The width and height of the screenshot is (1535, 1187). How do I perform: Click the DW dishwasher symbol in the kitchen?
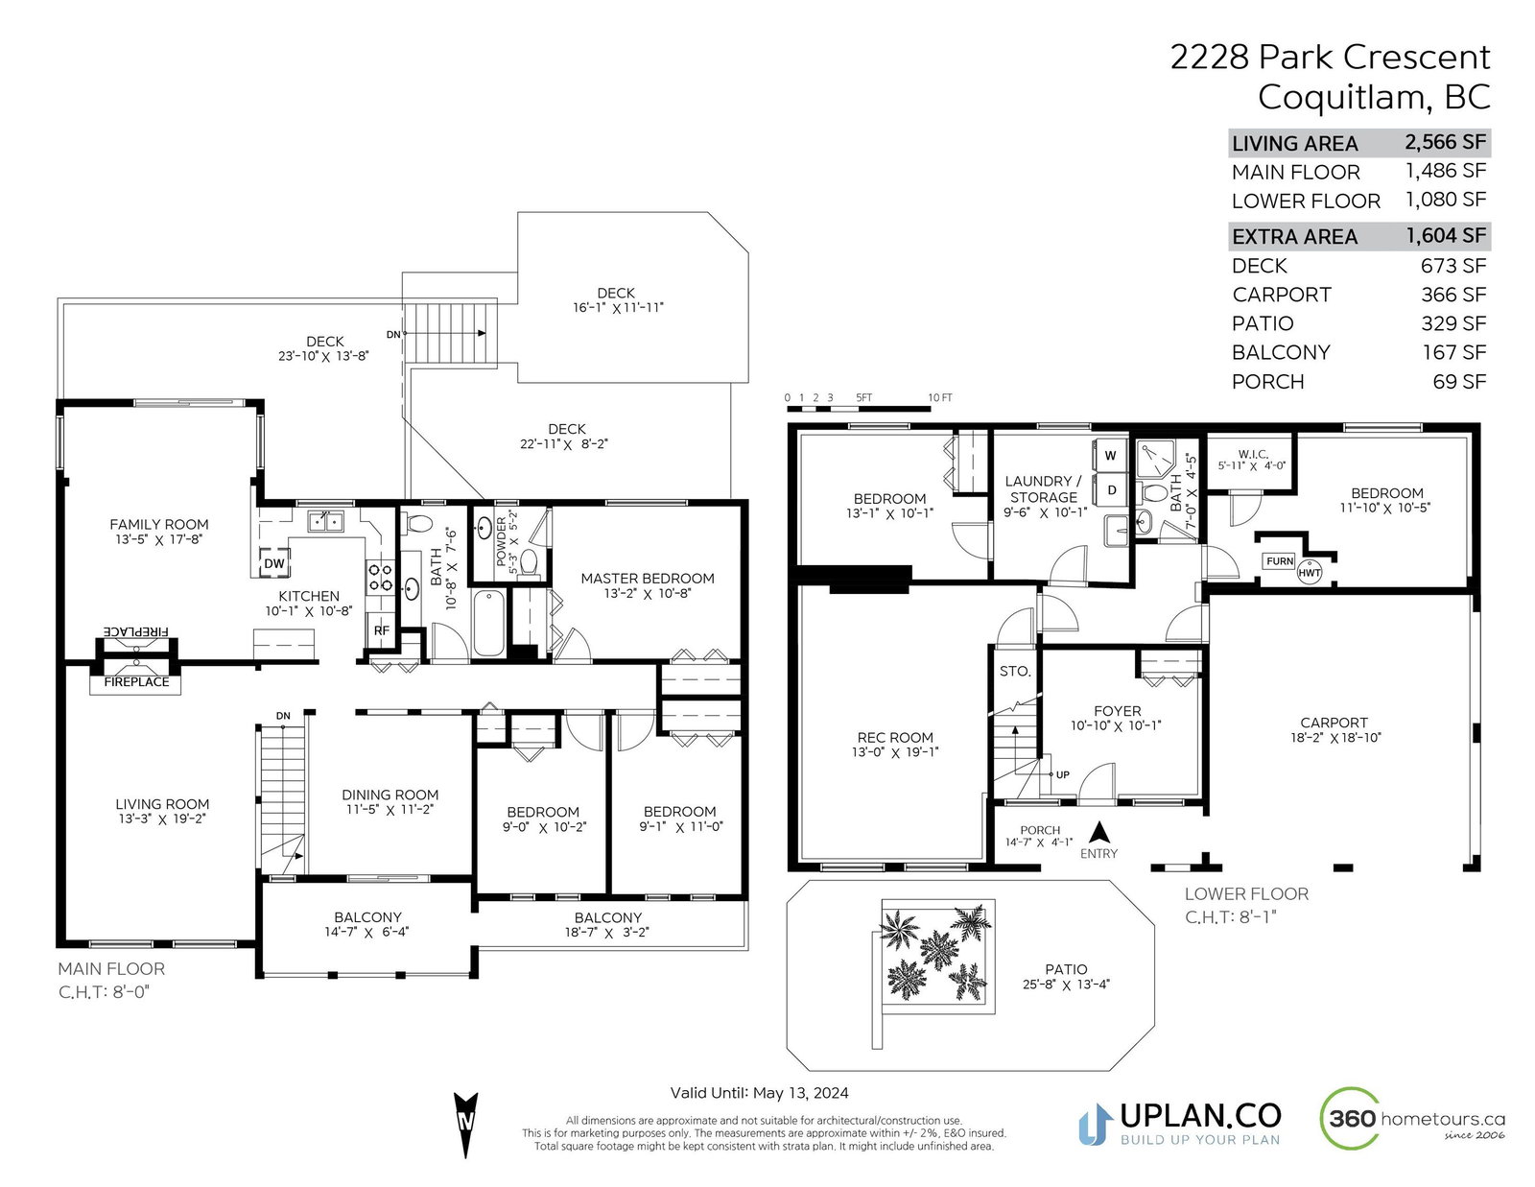coord(274,563)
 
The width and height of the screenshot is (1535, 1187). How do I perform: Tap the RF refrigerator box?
coord(381,629)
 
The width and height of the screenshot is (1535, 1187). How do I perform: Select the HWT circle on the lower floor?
coord(1309,573)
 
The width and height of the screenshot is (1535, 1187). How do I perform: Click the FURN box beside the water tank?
coord(1279,561)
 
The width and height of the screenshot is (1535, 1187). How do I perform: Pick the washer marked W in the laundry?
coord(1110,456)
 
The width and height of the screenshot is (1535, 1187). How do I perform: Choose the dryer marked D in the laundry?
coord(1110,490)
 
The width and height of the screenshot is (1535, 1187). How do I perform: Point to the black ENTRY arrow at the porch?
coord(1098,831)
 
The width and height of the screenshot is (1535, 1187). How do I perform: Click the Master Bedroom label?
coord(647,578)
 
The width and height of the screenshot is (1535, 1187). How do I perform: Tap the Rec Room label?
coord(895,737)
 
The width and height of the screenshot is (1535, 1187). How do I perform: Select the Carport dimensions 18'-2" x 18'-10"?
coord(1335,738)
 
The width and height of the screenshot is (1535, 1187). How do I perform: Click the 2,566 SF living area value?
coord(1445,142)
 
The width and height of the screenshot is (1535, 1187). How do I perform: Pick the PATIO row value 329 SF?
coord(1453,322)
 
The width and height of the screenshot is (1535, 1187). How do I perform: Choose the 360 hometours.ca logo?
coord(1412,1119)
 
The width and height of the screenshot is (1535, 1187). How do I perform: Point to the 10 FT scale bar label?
coord(940,398)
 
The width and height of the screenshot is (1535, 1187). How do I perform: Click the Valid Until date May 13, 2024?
coord(800,1093)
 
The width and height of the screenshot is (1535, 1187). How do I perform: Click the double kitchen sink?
coord(325,522)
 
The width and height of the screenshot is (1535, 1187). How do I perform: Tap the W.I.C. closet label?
coord(1253,454)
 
